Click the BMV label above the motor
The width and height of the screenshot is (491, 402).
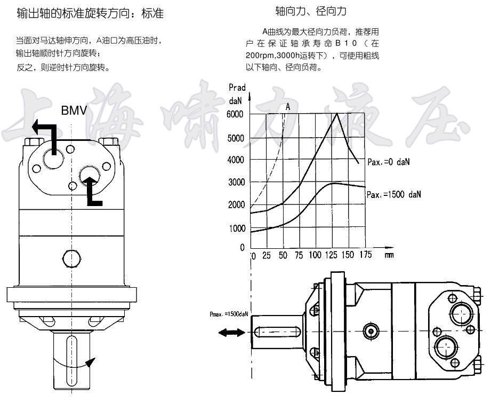tap(74, 111)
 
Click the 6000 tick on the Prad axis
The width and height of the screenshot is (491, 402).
tap(235, 114)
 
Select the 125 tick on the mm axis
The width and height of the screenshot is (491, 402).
tap(331, 255)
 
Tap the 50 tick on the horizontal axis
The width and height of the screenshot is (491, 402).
tap(283, 255)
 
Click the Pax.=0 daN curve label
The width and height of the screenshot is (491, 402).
tap(389, 162)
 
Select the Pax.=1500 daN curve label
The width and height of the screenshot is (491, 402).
tap(394, 194)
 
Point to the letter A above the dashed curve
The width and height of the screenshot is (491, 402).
tap(288, 107)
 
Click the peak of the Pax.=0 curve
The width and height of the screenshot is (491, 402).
tap(336, 113)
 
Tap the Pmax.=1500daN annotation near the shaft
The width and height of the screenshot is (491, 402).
tap(229, 313)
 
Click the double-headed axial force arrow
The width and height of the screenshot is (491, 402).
tap(232, 333)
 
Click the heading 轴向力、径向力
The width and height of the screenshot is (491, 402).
tap(311, 11)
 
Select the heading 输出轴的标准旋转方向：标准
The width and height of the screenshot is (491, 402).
tap(90, 14)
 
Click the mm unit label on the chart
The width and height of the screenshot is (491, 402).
tap(389, 255)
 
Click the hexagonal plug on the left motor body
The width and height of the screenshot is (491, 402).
tap(72, 259)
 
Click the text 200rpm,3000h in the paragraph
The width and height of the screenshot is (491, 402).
tap(272, 56)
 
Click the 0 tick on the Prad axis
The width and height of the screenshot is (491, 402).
tap(242, 247)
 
